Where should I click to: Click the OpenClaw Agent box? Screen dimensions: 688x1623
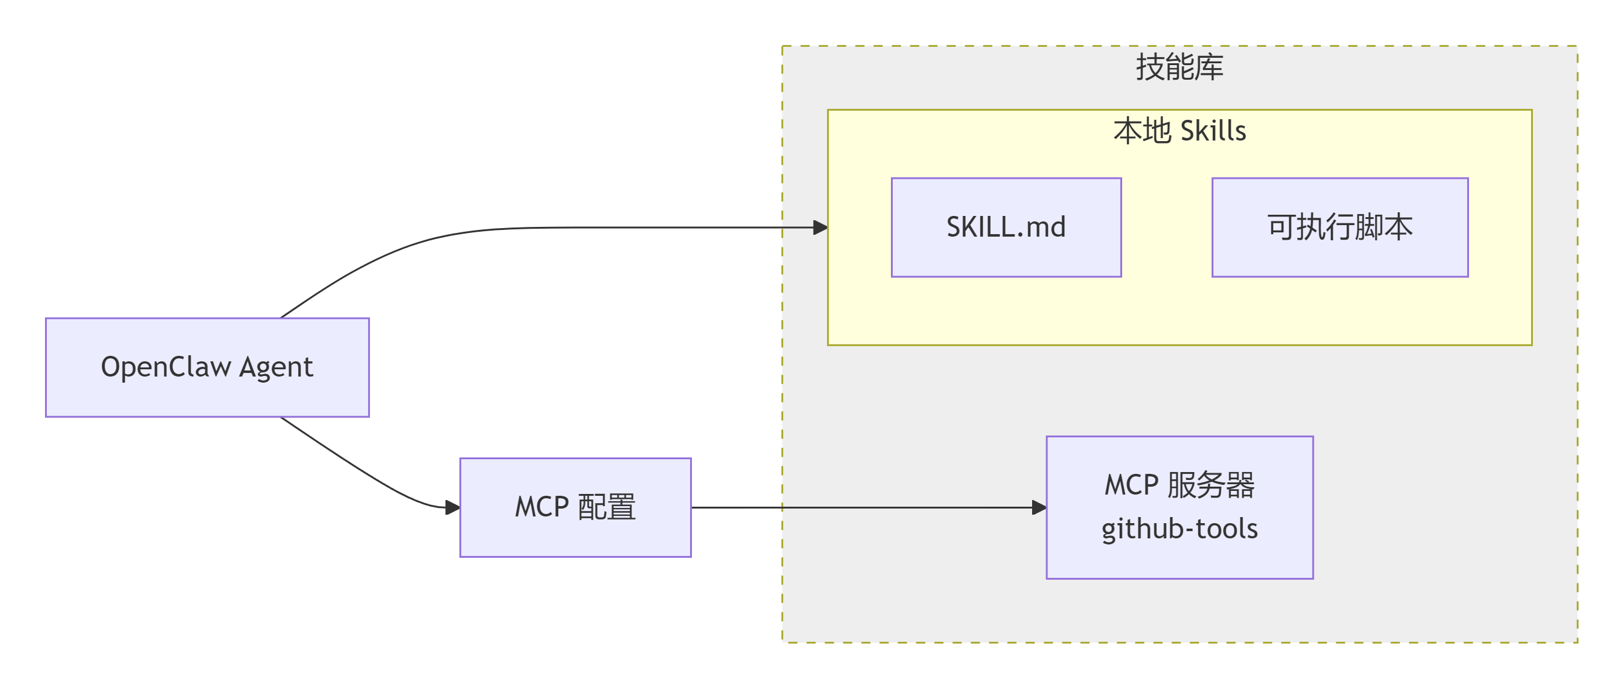click(208, 367)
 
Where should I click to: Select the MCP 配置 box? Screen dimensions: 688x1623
click(575, 507)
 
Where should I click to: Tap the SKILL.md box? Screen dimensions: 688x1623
click(1006, 228)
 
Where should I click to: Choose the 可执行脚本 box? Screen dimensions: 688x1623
click(1340, 228)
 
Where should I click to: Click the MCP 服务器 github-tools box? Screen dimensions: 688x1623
click(1179, 507)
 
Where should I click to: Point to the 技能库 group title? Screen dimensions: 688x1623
click(1179, 67)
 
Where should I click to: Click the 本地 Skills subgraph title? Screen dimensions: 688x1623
click(1179, 131)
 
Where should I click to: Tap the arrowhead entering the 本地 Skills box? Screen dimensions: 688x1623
click(820, 228)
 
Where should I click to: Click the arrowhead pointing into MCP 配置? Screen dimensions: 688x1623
click(452, 507)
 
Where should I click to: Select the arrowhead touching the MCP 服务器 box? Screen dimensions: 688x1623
click(1039, 507)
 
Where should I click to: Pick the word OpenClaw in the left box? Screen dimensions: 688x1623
click(166, 367)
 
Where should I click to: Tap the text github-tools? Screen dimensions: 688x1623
click(1179, 529)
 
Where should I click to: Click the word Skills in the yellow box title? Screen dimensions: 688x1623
click(1213, 131)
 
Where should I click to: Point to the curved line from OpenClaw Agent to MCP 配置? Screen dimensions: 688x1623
click(365, 473)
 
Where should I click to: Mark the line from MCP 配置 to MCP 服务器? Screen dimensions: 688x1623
click(863, 507)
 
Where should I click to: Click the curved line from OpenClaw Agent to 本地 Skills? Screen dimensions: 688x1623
click(567, 228)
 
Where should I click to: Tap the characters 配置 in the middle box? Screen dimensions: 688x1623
click(607, 507)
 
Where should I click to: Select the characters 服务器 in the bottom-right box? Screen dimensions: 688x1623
click(1210, 485)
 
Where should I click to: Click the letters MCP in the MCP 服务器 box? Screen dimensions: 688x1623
click(1131, 485)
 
